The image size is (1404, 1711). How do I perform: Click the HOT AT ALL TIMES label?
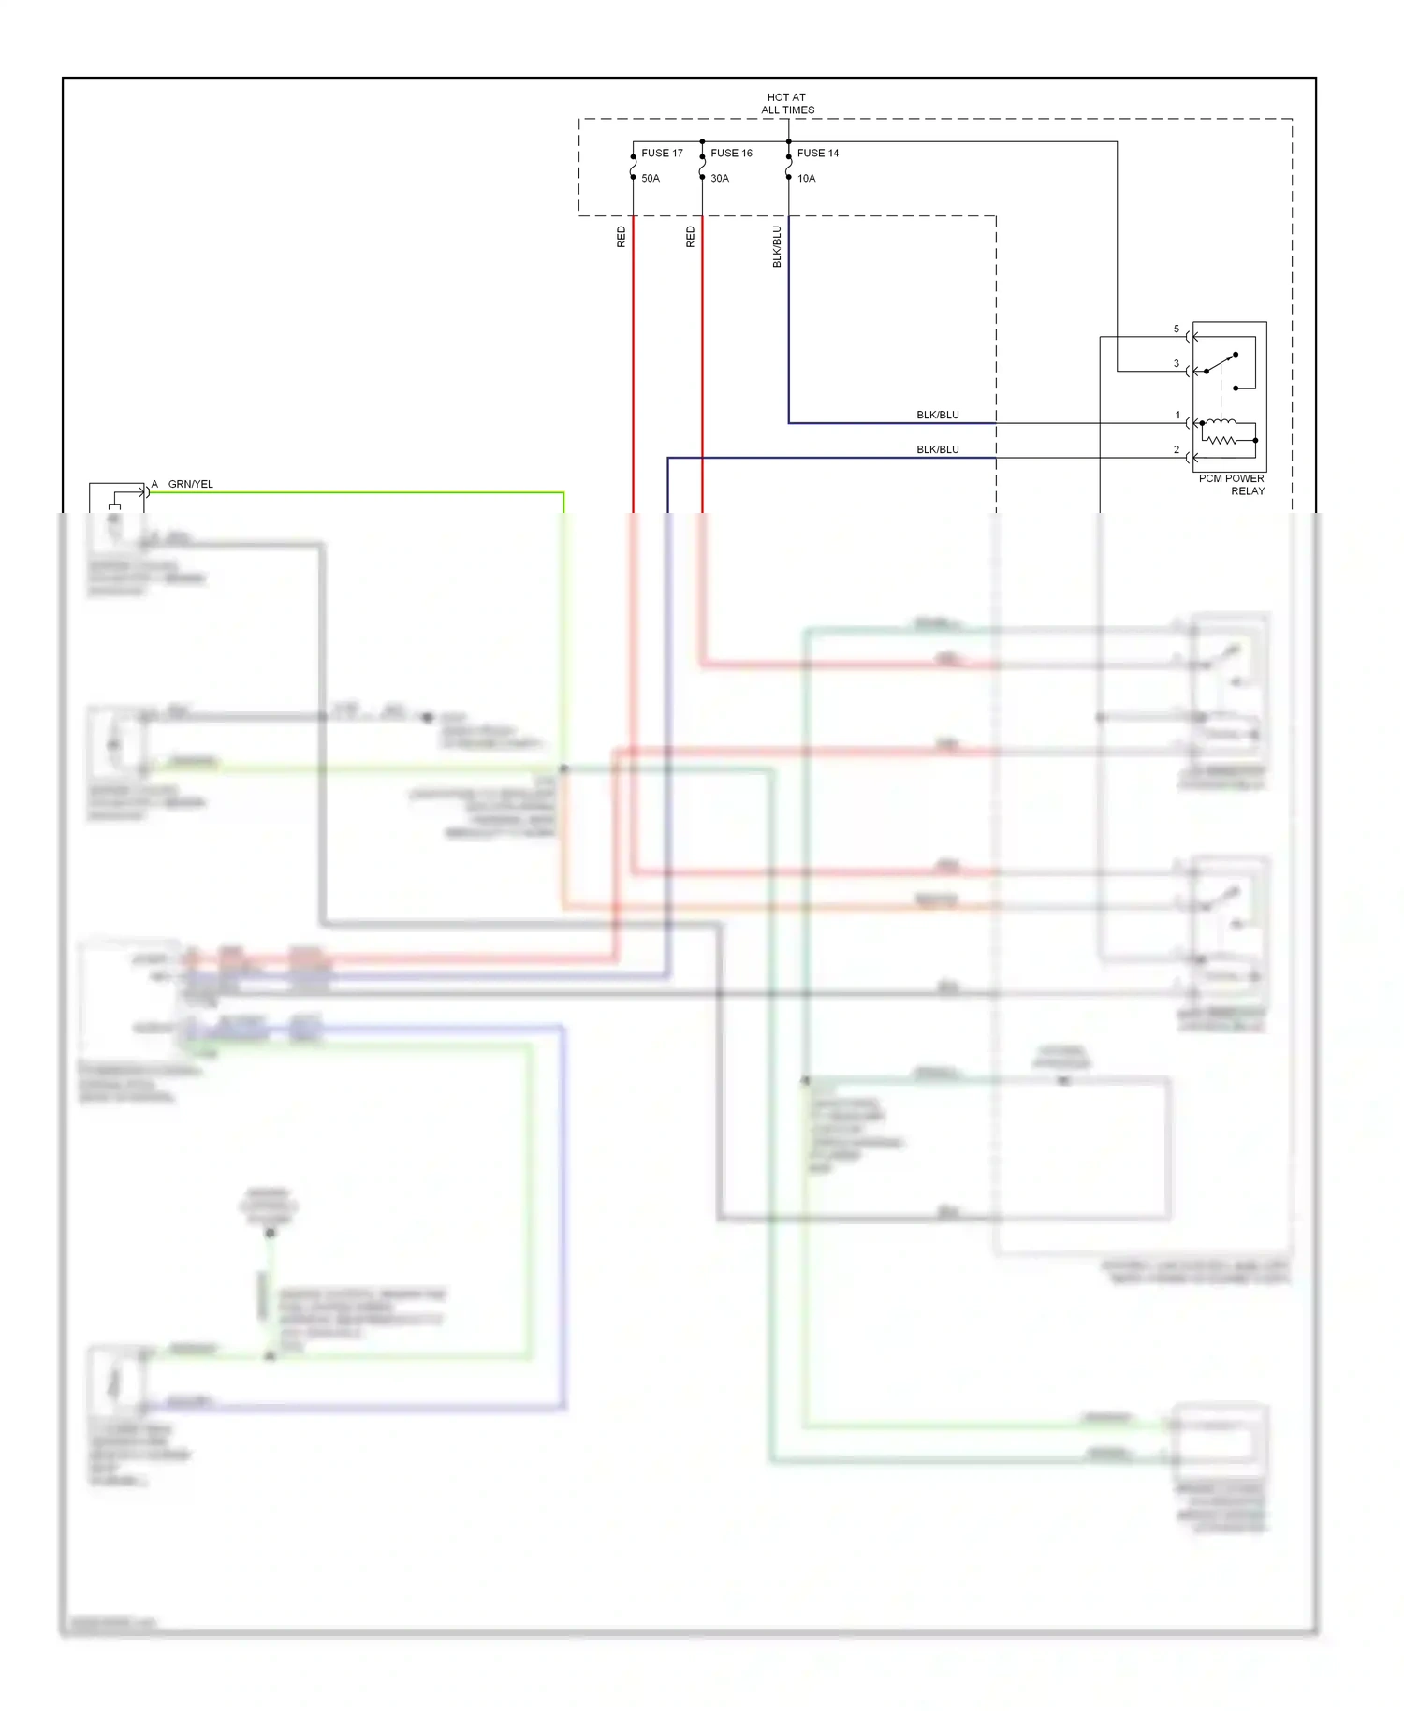pos(787,104)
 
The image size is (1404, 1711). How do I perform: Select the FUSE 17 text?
pos(662,153)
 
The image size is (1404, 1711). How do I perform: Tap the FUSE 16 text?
pos(731,153)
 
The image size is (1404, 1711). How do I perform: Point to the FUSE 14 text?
pos(818,153)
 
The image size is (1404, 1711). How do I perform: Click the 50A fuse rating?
pos(651,178)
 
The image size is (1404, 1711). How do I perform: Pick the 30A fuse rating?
pos(720,178)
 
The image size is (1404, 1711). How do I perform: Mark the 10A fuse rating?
pos(807,178)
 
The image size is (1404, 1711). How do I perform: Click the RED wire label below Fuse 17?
pos(622,237)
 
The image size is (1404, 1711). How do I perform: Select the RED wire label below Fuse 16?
pos(691,237)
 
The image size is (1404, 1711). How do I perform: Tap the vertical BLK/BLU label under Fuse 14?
pos(777,247)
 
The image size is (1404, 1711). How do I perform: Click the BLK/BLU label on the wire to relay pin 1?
pos(937,415)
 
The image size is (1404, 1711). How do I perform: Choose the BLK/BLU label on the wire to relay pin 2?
pos(937,449)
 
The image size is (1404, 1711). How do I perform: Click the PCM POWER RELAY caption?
pos(1232,485)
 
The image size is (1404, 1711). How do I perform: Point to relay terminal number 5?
pos(1177,329)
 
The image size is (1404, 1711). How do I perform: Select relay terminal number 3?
pos(1177,364)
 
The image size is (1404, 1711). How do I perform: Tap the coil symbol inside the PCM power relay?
pos(1220,431)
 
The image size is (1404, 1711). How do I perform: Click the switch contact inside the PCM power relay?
pos(1221,363)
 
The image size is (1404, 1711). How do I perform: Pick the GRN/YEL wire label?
pos(191,484)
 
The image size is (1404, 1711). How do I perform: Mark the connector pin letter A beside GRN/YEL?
pos(154,484)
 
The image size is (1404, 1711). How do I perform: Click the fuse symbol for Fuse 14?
pos(789,165)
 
